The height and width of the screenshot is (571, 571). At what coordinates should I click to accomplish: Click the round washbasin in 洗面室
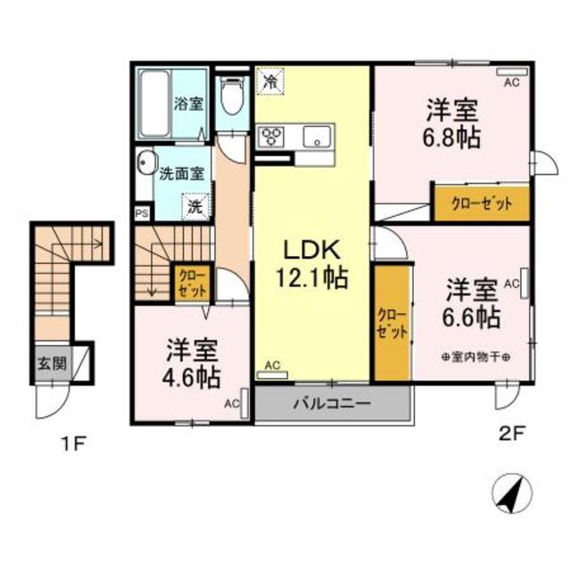point(145,166)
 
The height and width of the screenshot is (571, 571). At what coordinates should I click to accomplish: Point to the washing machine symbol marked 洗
point(195,206)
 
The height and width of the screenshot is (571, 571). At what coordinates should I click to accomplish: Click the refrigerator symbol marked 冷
point(269,80)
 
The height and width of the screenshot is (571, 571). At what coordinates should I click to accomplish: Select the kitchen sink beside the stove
point(315,138)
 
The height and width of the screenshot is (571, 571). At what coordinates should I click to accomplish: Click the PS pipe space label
point(141,213)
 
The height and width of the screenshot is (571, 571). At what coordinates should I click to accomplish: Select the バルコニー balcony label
point(332,403)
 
